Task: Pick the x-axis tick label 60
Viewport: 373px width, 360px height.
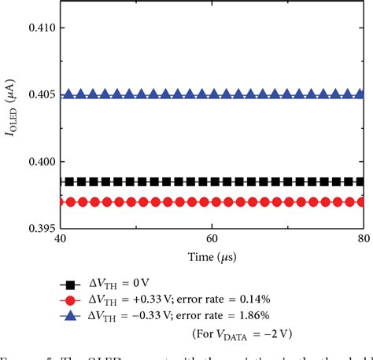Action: click(x=212, y=239)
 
